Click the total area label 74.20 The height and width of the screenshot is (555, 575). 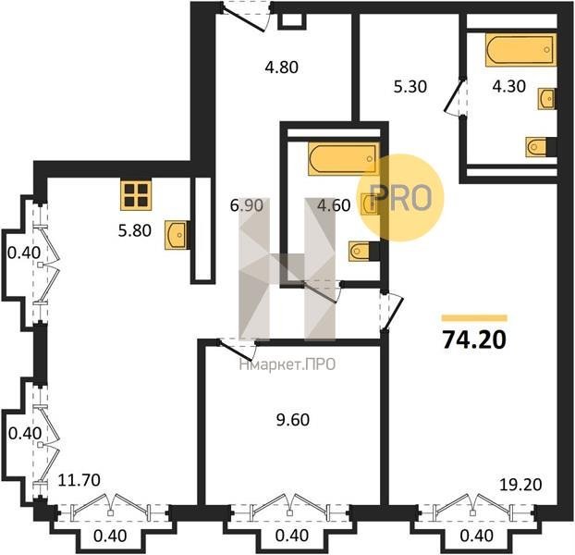point(474,340)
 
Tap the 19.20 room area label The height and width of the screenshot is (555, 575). point(521,485)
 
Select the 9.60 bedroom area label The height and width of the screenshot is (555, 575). point(293,420)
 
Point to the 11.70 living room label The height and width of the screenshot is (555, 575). point(80,480)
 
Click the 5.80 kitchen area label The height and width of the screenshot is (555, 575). point(135,230)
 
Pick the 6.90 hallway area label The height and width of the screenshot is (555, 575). point(247,205)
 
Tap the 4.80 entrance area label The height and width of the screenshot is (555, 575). point(282,68)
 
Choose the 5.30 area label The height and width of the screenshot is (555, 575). point(410,87)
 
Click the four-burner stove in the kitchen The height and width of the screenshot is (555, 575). point(136,195)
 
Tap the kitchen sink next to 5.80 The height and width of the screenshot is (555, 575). point(177,235)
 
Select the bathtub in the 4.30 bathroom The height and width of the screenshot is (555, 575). point(520,50)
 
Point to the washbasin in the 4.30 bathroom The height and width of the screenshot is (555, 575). point(546,99)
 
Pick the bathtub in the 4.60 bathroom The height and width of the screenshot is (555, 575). point(344,159)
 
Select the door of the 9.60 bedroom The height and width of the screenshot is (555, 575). point(237,349)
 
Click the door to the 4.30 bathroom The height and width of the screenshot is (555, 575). point(455,96)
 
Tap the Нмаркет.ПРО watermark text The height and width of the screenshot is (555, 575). point(287,364)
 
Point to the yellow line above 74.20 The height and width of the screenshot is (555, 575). point(474,318)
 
